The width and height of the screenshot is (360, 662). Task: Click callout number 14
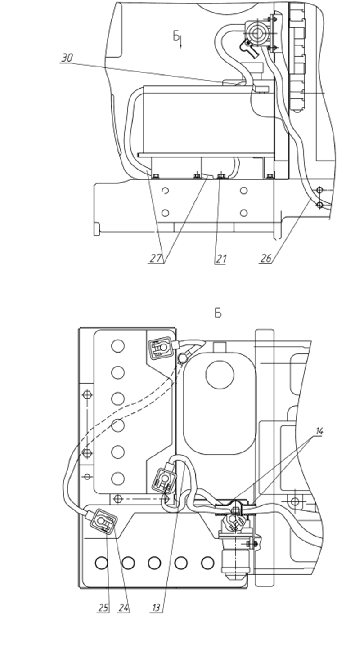(x=319, y=432)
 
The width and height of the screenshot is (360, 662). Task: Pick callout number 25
(x=103, y=608)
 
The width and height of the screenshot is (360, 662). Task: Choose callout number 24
(x=124, y=608)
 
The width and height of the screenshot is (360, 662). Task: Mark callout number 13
(x=156, y=608)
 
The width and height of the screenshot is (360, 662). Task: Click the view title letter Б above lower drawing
(x=218, y=313)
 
